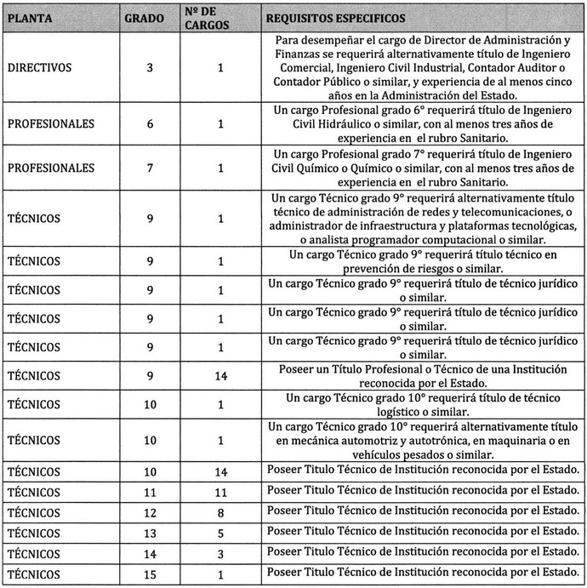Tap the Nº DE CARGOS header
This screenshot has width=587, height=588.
[x=202, y=18]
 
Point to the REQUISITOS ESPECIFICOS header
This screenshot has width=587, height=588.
[x=335, y=18]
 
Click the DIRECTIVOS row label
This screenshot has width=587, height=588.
[x=39, y=69]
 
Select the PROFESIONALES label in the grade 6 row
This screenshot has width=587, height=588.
[x=50, y=124]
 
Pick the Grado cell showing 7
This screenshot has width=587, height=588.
[x=150, y=168]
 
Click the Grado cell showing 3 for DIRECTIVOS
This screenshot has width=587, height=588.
[x=150, y=69]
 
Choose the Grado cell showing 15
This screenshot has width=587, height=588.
[x=150, y=574]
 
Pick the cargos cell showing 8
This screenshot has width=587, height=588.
[x=220, y=512]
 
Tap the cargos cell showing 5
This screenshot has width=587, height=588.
[x=220, y=533]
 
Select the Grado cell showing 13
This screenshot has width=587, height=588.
[x=150, y=533]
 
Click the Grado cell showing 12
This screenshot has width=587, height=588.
[x=150, y=512]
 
